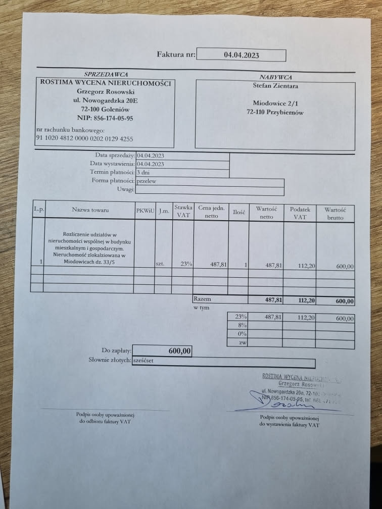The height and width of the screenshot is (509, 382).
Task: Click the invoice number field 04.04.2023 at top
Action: point(241,55)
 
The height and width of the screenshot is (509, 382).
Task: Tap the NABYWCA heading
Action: point(276,77)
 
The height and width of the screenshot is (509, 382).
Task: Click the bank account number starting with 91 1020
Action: point(84,138)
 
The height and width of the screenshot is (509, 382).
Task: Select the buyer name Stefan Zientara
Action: point(275,86)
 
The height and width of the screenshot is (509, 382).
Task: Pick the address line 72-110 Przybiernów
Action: point(275,113)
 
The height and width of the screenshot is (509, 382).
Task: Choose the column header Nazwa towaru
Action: point(90,210)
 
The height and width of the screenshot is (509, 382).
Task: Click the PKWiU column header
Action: point(145,210)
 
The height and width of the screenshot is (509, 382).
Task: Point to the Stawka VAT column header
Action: point(183,211)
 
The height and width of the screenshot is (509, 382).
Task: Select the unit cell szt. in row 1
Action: point(160,264)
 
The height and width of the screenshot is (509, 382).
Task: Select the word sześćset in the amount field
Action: point(143,361)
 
